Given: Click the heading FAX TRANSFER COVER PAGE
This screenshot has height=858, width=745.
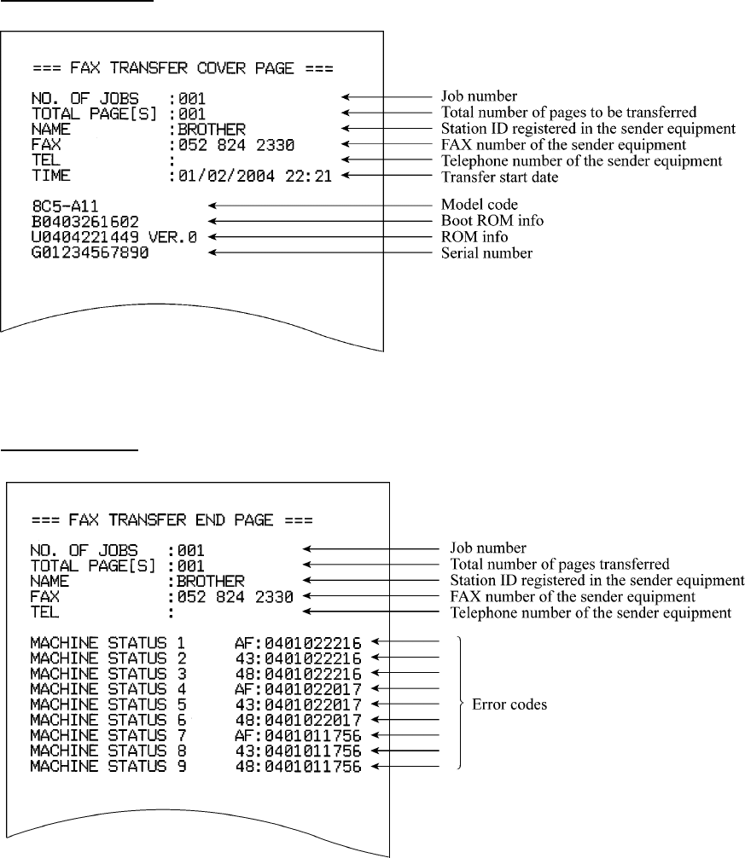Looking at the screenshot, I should [182, 67].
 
